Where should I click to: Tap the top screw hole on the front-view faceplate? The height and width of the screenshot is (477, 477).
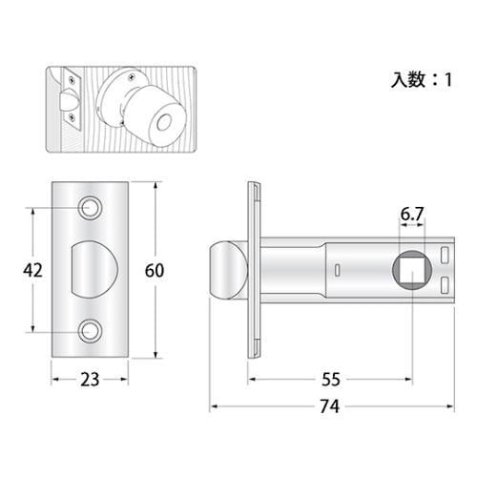tap(92, 207)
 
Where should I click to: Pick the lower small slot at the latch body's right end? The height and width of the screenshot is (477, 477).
tap(446, 286)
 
